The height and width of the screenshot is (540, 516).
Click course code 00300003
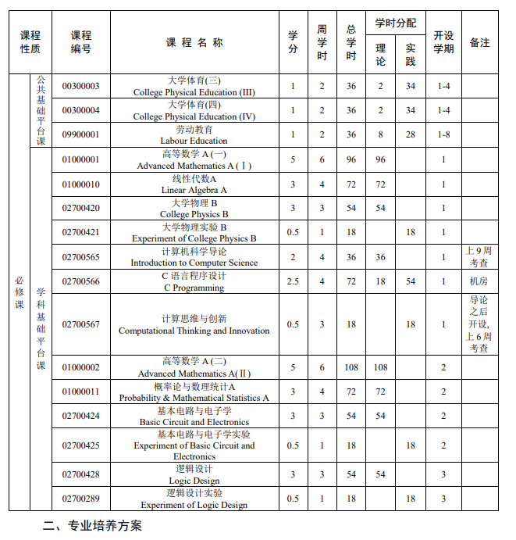tap(81, 86)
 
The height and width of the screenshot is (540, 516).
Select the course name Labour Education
tap(194, 135)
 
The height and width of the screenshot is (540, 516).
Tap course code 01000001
tap(81, 160)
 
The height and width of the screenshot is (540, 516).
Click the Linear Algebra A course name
tap(194, 184)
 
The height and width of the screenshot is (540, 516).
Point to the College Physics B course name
tap(194, 209)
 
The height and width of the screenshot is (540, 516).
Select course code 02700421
tap(81, 233)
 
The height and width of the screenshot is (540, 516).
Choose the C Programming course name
tap(194, 281)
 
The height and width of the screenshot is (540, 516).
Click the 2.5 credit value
tap(293, 281)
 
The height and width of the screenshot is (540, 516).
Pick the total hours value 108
tap(351, 367)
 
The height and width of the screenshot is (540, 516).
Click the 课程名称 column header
tap(194, 42)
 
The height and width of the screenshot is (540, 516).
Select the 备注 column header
tap(479, 42)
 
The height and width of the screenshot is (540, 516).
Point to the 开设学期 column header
tap(443, 42)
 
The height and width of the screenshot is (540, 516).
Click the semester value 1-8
tap(443, 135)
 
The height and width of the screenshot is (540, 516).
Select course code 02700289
tap(81, 499)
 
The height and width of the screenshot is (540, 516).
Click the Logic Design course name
tap(194, 474)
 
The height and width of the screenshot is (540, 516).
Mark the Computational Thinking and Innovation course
tap(194, 324)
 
